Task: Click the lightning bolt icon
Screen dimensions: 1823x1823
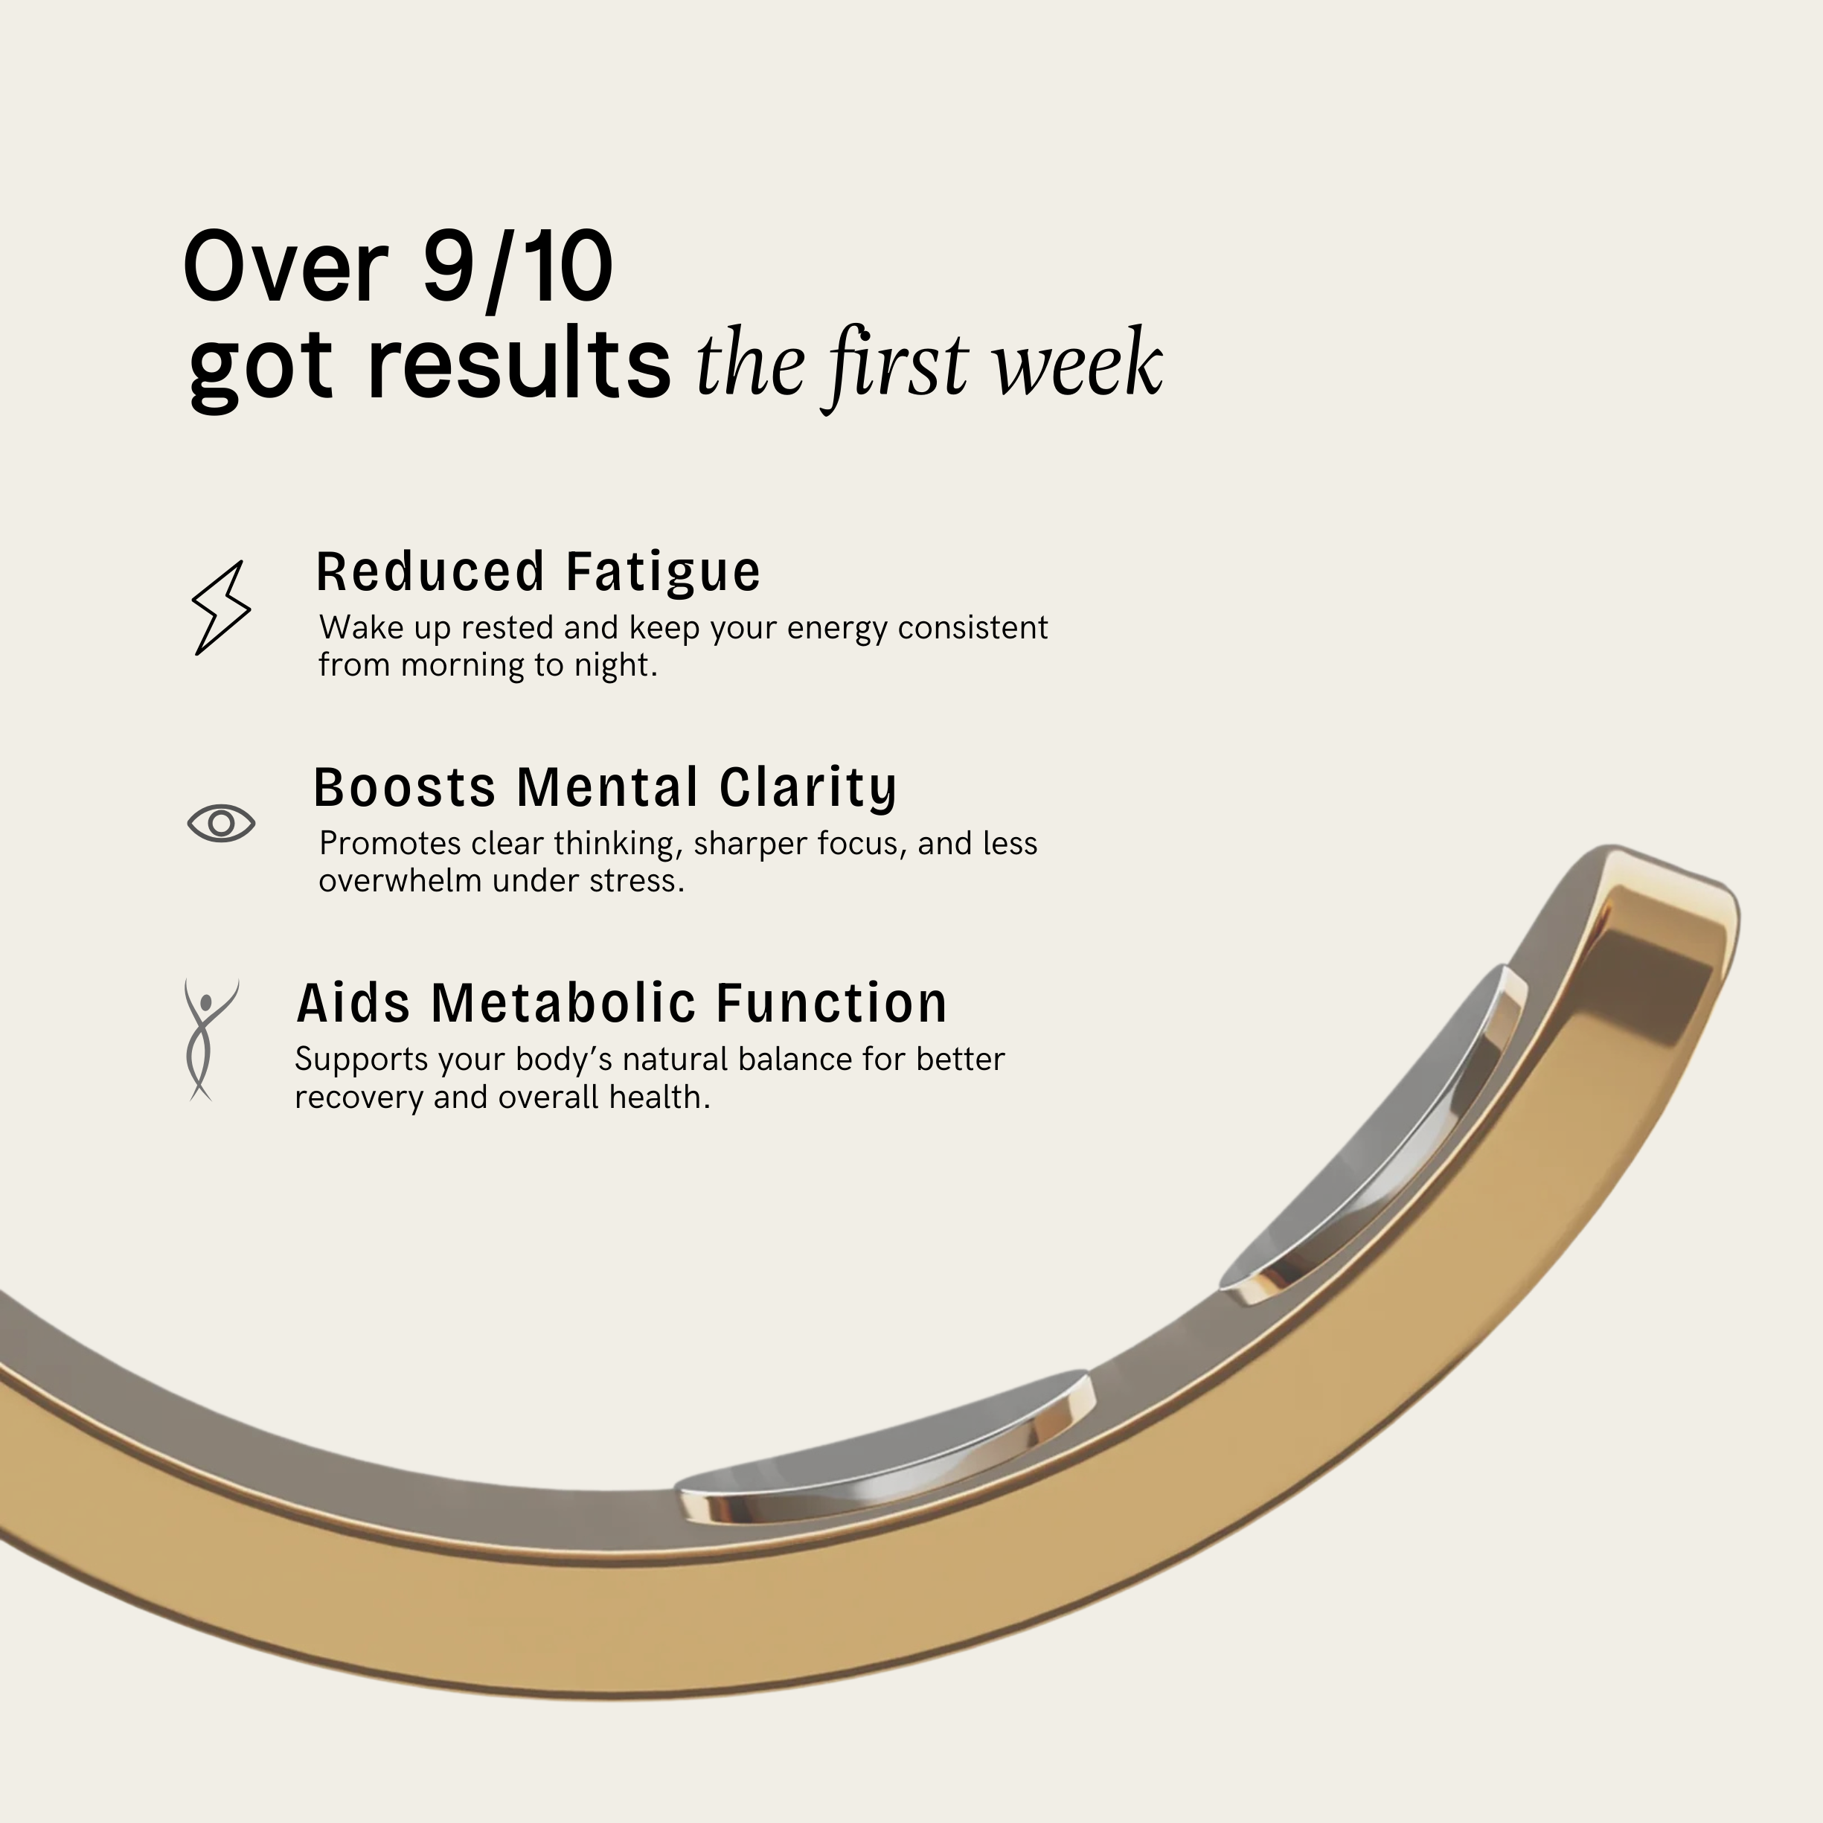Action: click(x=222, y=606)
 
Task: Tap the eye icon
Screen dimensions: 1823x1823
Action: click(x=221, y=823)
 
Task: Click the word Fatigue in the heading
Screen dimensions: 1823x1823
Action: click(x=662, y=574)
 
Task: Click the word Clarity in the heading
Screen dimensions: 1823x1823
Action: click(x=808, y=789)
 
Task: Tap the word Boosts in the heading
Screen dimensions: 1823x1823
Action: click(x=404, y=788)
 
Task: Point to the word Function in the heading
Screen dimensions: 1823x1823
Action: click(x=831, y=1003)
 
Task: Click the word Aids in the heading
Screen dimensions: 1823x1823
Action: click(x=354, y=1003)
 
